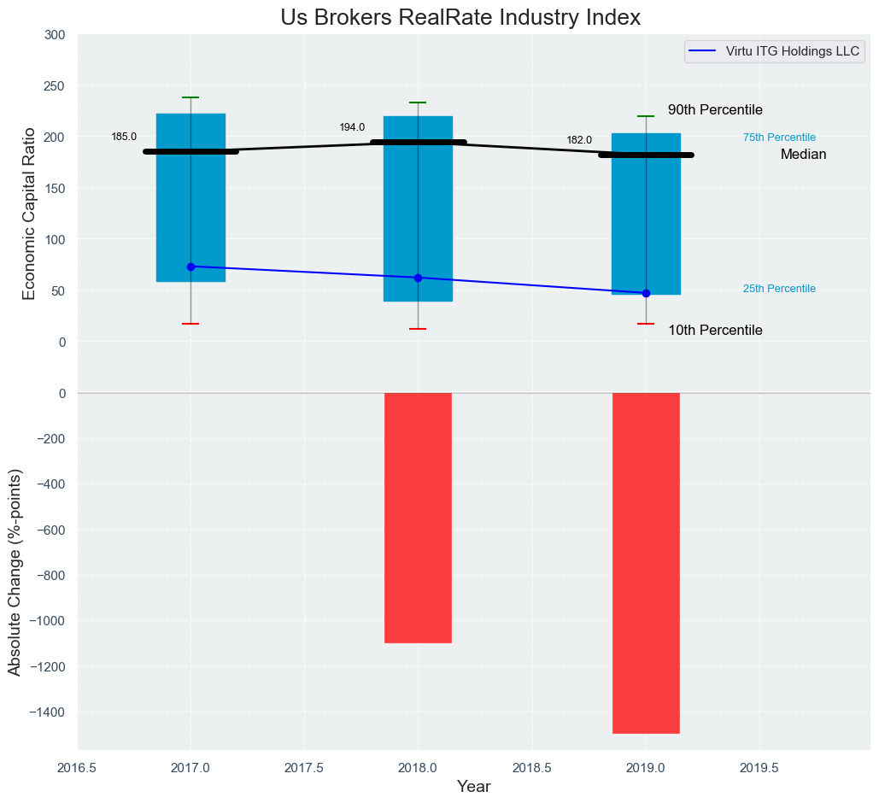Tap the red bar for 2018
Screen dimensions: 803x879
418,518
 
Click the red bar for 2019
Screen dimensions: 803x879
646,563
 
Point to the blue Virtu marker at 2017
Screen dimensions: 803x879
190,267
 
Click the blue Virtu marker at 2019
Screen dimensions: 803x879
646,293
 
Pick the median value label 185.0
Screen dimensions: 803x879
124,137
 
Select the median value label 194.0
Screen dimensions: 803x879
352,127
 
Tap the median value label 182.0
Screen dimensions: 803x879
579,140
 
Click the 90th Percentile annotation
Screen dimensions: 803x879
715,110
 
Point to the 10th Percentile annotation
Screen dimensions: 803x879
715,331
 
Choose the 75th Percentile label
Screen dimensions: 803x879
779,138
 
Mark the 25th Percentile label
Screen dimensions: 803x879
779,289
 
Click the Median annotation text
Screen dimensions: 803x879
803,155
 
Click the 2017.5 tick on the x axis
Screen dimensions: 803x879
304,768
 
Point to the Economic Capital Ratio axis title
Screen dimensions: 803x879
29,214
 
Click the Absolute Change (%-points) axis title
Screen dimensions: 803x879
15,571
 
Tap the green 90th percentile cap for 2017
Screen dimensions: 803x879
190,97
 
